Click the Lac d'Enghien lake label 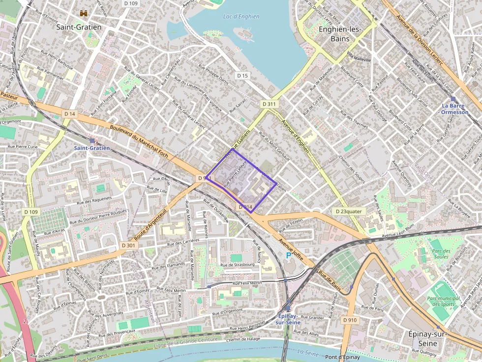241,17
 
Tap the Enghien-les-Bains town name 340,33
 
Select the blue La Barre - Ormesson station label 455,109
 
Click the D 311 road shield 269,104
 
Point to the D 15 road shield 242,76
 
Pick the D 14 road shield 70,114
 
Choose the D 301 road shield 127,245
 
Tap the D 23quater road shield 348,211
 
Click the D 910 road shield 350,320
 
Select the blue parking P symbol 288,255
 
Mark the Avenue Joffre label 291,249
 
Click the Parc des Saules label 442,254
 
